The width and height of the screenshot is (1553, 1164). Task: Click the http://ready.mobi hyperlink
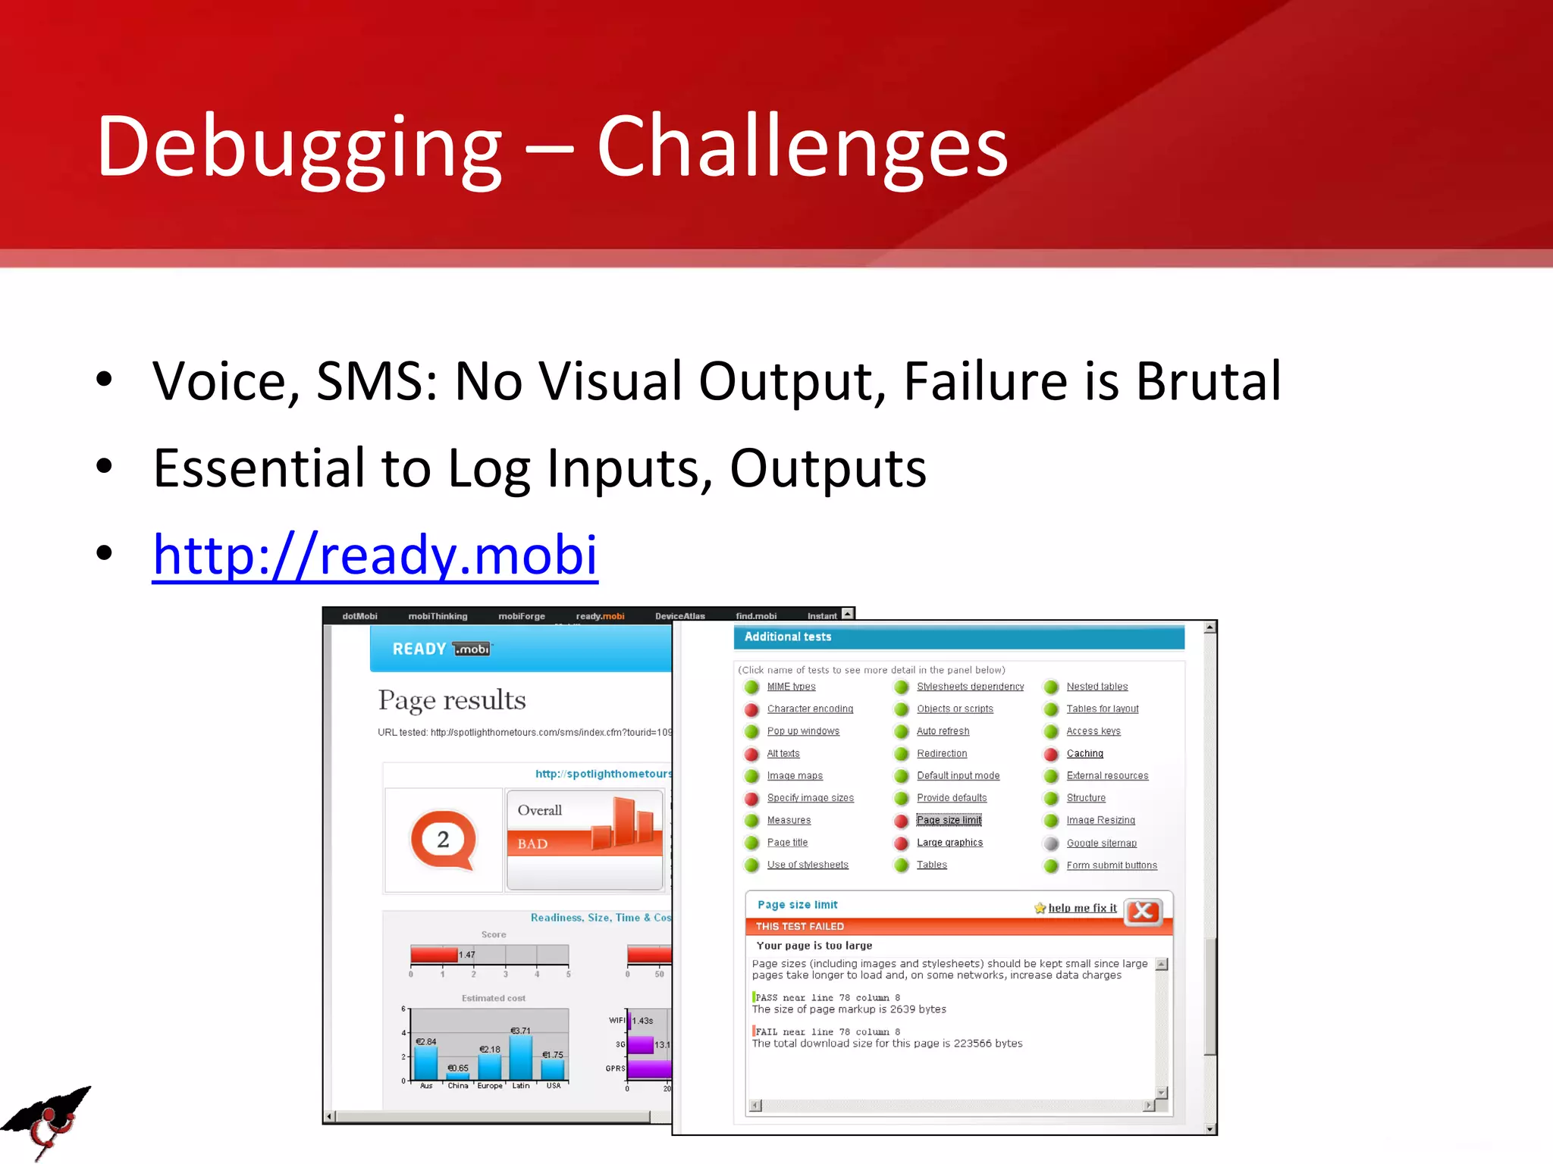[375, 555]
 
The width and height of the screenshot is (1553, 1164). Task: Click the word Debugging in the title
[299, 148]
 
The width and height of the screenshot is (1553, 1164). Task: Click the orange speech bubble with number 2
[444, 840]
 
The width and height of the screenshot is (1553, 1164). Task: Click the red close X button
[1143, 911]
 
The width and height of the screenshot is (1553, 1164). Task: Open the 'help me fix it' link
[1081, 908]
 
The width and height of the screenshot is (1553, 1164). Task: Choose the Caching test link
[1084, 753]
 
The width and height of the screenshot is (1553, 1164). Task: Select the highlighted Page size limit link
[949, 820]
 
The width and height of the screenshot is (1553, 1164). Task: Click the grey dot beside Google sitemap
[1051, 843]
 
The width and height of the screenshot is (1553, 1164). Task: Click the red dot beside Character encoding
[751, 709]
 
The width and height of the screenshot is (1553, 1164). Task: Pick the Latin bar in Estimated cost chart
[521, 1057]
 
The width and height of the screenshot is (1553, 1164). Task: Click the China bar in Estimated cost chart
[458, 1075]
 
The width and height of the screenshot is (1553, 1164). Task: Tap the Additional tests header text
[787, 637]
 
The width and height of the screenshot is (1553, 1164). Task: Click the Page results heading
[452, 699]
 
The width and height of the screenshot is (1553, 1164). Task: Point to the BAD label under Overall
[532, 843]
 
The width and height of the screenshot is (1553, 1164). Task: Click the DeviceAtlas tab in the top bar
[679, 616]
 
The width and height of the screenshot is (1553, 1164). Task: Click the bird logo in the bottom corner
[47, 1121]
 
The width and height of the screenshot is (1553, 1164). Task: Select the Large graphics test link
[949, 843]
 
